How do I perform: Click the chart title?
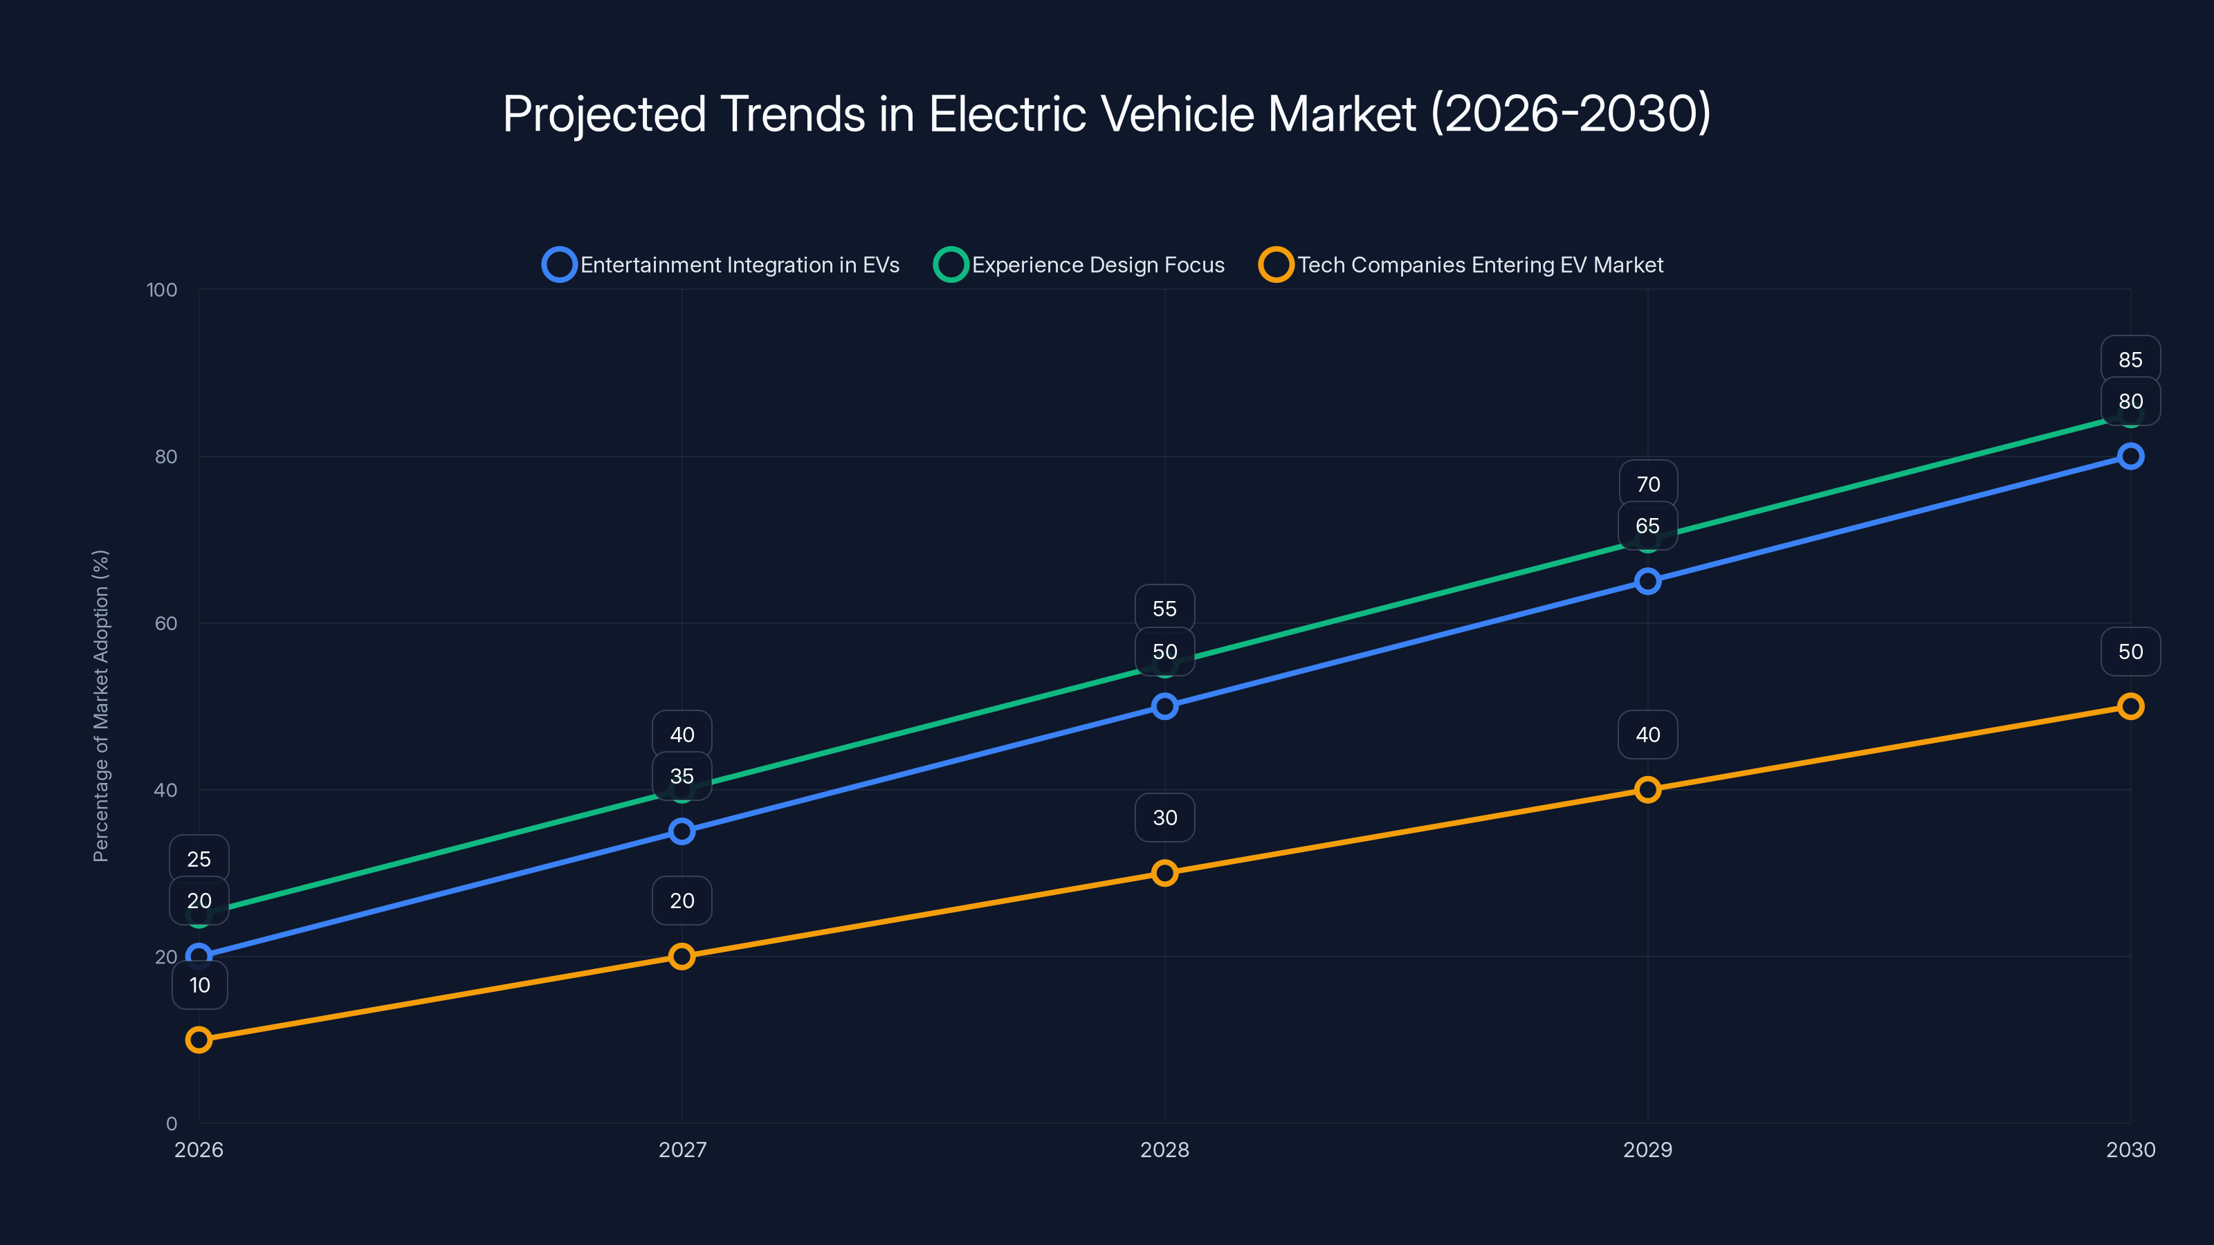point(1106,114)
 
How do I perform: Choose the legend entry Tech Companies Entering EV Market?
point(1461,265)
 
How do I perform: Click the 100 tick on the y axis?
point(162,290)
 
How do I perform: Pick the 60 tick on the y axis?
point(166,623)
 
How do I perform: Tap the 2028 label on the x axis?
point(1164,1150)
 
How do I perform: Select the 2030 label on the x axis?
point(2130,1150)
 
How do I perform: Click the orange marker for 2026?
point(199,1040)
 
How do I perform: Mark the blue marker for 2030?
point(2130,456)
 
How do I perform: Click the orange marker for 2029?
point(1647,790)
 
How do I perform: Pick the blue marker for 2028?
point(1164,706)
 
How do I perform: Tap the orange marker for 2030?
point(2130,706)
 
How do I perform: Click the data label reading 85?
point(2130,360)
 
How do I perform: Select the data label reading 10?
point(199,985)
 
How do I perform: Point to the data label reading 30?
point(1164,817)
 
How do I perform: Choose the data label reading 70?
point(1647,485)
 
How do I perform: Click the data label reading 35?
point(681,776)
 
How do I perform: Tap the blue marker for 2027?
point(681,831)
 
